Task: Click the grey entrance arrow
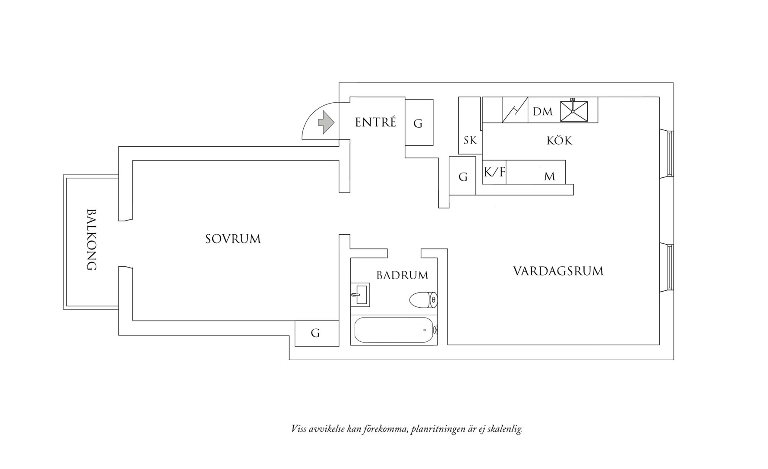pos(326,123)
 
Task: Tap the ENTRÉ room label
pos(375,123)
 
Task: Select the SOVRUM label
pos(233,239)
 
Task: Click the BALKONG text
pos(91,240)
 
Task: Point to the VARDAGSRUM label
pos(558,271)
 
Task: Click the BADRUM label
pos(402,275)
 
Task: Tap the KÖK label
pos(559,141)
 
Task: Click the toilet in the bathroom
pos(423,299)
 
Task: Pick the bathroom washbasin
pos(359,295)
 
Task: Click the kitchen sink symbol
pos(573,111)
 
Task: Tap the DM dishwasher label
pos(542,112)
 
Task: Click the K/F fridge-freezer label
pos(494,173)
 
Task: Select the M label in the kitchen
pos(549,176)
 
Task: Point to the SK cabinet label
pos(470,141)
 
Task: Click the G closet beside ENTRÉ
pos(418,124)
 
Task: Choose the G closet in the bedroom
pos(315,333)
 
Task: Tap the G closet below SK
pos(463,177)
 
